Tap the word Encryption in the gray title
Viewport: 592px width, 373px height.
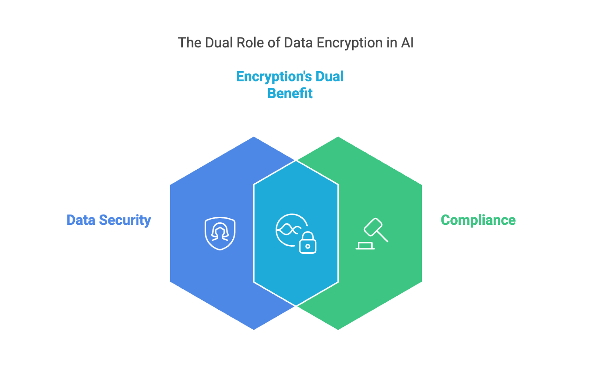point(349,43)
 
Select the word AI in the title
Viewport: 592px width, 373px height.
point(407,43)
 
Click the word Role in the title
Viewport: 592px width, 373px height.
point(250,43)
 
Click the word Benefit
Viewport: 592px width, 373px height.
point(290,93)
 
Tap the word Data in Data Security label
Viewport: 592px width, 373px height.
point(81,220)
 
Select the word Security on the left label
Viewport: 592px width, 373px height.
point(125,220)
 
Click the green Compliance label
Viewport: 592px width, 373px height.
point(478,220)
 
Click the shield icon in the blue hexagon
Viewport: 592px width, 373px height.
point(220,233)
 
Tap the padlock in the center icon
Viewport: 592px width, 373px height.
point(307,243)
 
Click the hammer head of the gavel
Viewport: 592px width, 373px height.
point(373,227)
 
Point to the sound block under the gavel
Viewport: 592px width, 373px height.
point(365,246)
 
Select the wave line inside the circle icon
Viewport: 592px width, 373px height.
point(289,230)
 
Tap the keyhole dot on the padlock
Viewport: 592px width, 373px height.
point(307,246)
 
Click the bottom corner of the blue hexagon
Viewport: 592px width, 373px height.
point(254,330)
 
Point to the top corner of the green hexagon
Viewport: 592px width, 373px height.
point(338,136)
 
